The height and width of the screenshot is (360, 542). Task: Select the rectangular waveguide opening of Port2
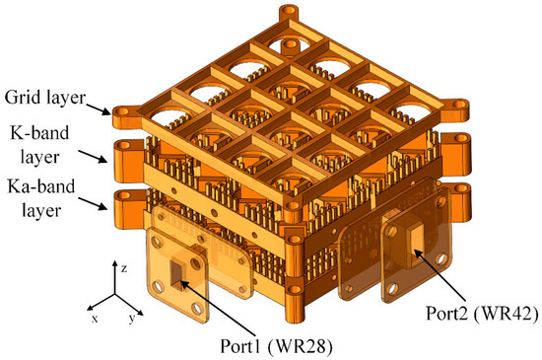[406, 241]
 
